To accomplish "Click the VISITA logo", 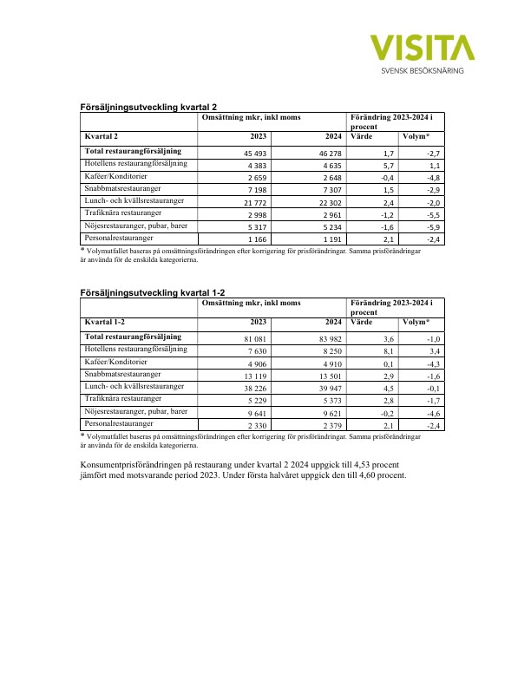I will pyautogui.click(x=422, y=48).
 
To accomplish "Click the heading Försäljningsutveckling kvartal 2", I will pyautogui.click(x=147, y=106).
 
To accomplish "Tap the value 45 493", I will pyautogui.click(x=252, y=153).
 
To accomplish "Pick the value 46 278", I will pyautogui.click(x=326, y=153).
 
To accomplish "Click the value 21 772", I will pyautogui.click(x=252, y=202).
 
